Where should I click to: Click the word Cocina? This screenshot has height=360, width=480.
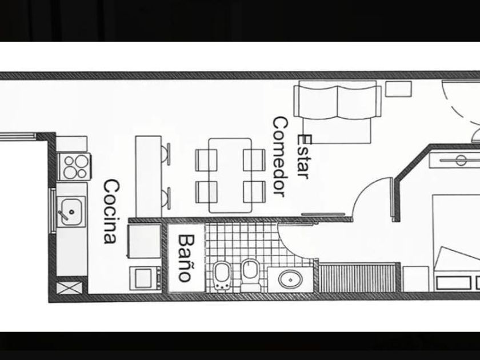[x=111, y=212]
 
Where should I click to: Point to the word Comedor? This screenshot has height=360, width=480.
[x=279, y=157]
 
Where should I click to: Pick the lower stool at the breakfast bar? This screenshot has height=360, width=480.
[x=165, y=197]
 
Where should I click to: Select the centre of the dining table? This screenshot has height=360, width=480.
[x=230, y=175]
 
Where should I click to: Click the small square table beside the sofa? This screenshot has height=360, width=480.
[x=398, y=89]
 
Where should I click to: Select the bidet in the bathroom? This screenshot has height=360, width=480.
[x=222, y=275]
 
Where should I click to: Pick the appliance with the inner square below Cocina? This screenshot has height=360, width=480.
[x=143, y=278]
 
